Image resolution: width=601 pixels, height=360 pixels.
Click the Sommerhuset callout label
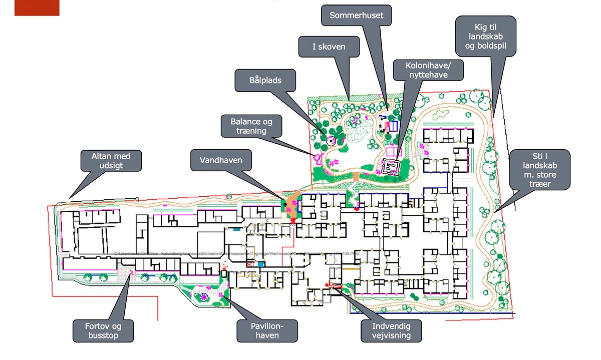pyautogui.click(x=356, y=16)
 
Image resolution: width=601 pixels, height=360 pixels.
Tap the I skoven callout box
pyautogui.click(x=329, y=48)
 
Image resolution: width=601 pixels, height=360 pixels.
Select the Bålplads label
pyautogui.click(x=265, y=80)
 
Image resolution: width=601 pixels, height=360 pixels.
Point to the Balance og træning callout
pyautogui.click(x=251, y=126)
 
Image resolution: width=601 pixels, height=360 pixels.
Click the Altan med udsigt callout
pyautogui.click(x=111, y=161)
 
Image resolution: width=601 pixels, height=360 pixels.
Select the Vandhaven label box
pyautogui.click(x=221, y=161)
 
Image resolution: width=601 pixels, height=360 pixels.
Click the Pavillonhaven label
pyautogui.click(x=267, y=330)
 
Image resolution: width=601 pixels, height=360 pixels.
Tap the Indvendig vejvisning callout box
pyautogui.click(x=391, y=330)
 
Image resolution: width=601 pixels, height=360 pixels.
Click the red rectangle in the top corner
pyautogui.click(x=37, y=8)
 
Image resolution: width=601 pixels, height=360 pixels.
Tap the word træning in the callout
pyautogui.click(x=251, y=131)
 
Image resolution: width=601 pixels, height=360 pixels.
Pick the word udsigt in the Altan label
pyautogui.click(x=111, y=166)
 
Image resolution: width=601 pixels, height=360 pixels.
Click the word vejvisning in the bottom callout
pyautogui.click(x=391, y=335)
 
